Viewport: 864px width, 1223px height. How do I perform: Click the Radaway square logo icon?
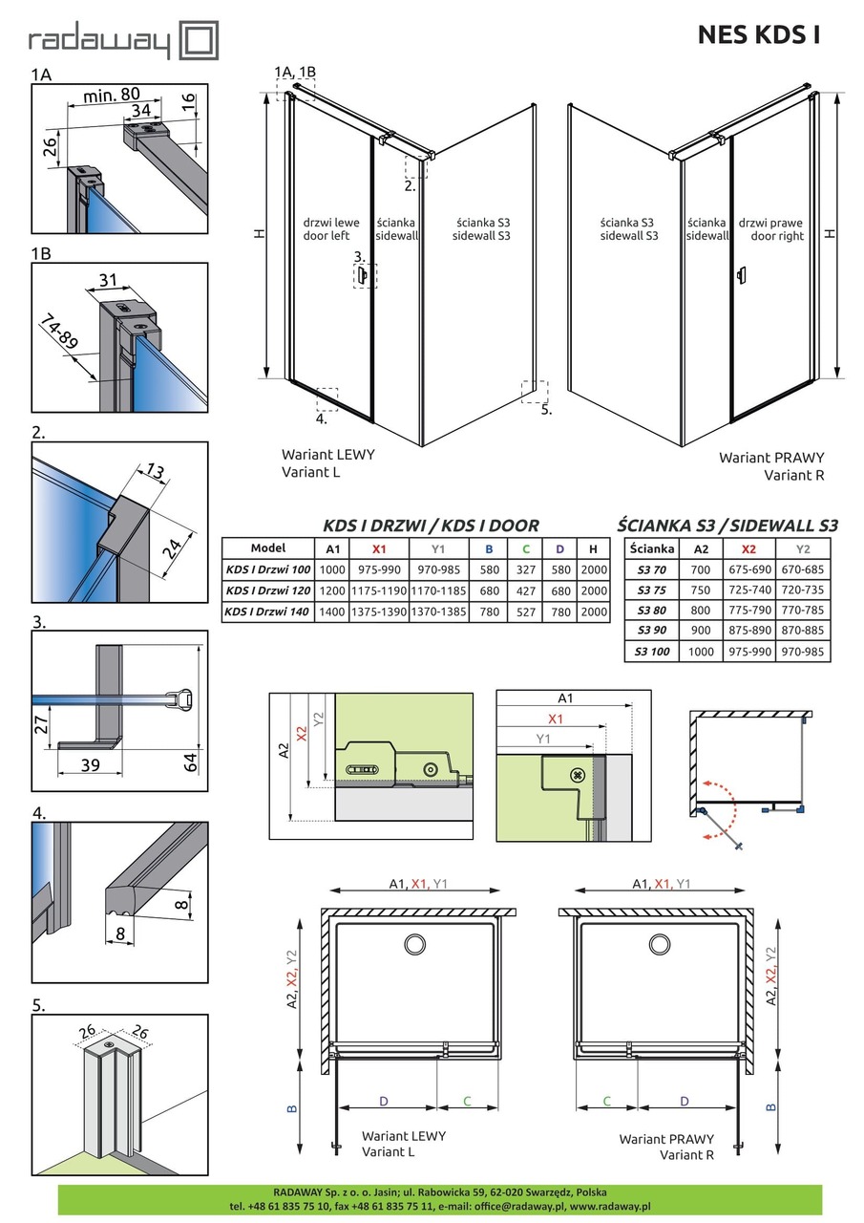(x=200, y=40)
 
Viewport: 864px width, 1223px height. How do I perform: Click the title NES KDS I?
(x=759, y=35)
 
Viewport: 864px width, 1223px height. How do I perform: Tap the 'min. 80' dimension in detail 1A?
(x=112, y=95)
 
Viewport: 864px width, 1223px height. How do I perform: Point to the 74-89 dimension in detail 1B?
(x=59, y=333)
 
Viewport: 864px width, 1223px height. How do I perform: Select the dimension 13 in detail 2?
(x=156, y=471)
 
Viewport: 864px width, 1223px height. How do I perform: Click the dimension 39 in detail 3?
(x=90, y=765)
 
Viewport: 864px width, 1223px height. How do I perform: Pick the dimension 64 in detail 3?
(x=190, y=762)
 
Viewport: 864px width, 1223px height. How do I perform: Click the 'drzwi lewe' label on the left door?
(x=331, y=223)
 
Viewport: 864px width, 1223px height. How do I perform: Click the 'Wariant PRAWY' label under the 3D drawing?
(x=771, y=458)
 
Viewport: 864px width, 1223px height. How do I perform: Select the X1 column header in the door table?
(x=379, y=548)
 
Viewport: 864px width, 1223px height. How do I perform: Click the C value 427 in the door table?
(x=526, y=590)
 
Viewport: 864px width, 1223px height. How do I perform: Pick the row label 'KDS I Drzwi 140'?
(x=267, y=611)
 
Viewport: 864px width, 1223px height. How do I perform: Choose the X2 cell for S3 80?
(x=748, y=610)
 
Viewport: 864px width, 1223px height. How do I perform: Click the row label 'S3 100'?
(x=652, y=651)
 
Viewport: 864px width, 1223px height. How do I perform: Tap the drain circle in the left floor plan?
(x=415, y=944)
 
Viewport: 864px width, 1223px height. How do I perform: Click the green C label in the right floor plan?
(x=606, y=1102)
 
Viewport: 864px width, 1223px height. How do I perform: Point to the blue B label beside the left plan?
(x=292, y=1108)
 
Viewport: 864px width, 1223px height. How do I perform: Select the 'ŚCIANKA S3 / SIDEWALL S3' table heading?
(x=727, y=526)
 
